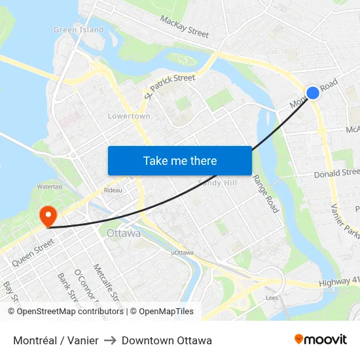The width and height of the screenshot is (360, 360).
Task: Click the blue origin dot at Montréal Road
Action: [313, 93]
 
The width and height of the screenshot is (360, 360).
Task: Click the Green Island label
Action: [79, 30]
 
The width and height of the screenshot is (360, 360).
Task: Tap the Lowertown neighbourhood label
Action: [129, 117]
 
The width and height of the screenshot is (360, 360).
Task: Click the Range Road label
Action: [266, 193]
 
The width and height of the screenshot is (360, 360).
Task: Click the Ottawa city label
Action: [123, 233]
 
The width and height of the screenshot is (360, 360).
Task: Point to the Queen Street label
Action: [33, 251]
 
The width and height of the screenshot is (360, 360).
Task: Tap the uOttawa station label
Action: [182, 253]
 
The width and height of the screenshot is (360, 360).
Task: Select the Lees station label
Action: [272, 297]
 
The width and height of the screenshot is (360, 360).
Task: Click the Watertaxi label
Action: [50, 187]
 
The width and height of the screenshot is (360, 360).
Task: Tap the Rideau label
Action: [113, 190]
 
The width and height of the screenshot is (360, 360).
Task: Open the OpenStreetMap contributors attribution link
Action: [70, 312]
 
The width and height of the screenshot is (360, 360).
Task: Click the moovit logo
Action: [321, 339]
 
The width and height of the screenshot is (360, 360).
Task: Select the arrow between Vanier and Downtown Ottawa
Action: [110, 340]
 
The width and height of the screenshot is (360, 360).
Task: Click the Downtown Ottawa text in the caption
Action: [166, 340]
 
